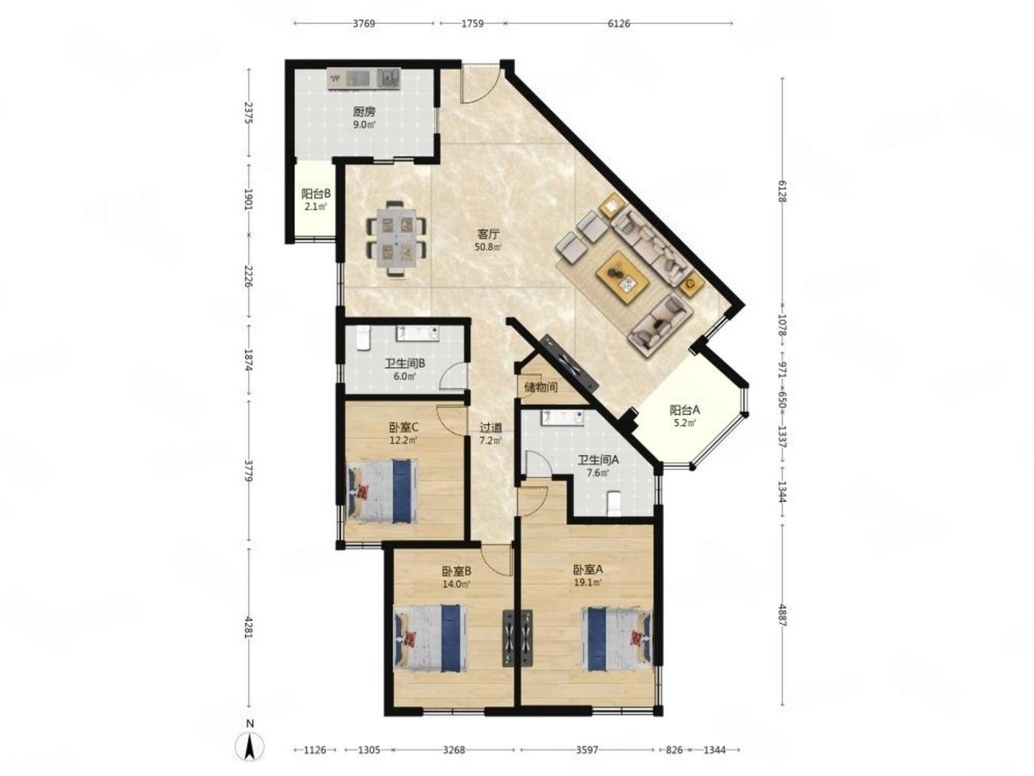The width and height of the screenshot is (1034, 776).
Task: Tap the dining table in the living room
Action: (x=397, y=239)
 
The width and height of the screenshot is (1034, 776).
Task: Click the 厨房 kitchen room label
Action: (x=364, y=113)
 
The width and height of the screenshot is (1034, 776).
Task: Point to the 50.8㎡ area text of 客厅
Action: (x=488, y=247)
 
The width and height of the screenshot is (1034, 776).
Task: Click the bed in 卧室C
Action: (x=382, y=491)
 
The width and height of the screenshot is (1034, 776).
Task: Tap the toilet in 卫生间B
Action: (x=363, y=338)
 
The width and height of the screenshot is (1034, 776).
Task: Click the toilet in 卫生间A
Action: (x=614, y=503)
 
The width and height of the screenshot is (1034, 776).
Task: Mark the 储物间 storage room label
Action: (x=541, y=387)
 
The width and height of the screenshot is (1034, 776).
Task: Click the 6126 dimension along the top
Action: (x=618, y=23)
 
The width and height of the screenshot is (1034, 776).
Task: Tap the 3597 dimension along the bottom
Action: (x=587, y=749)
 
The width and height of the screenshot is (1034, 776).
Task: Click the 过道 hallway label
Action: (x=490, y=428)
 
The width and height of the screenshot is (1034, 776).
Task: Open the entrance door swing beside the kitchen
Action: (x=480, y=85)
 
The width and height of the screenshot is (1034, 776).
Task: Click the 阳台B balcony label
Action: (x=316, y=194)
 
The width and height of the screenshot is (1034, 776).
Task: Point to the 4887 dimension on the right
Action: (x=783, y=615)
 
